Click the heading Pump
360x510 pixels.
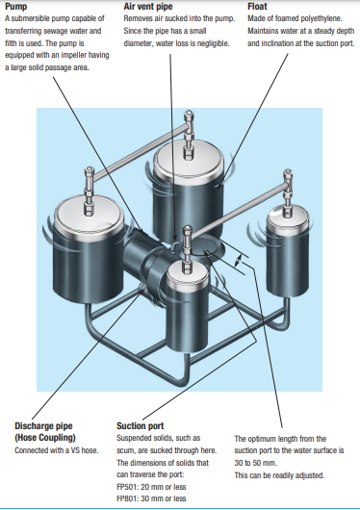pos(16,6)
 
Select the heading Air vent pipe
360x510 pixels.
pos(148,6)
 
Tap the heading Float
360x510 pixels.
pos(257,6)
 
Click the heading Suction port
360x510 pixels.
pos(140,425)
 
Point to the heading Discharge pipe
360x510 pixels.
pos(43,425)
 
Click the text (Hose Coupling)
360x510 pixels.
pos(45,438)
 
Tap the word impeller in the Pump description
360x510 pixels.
pos(75,55)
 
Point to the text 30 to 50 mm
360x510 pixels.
pos(255,463)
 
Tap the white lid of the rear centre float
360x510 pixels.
pos(189,162)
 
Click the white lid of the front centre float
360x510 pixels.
pos(187,273)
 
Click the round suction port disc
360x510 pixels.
pos(208,248)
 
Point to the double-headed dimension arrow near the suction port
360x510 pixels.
pos(239,261)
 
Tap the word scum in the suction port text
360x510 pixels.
pos(125,450)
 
